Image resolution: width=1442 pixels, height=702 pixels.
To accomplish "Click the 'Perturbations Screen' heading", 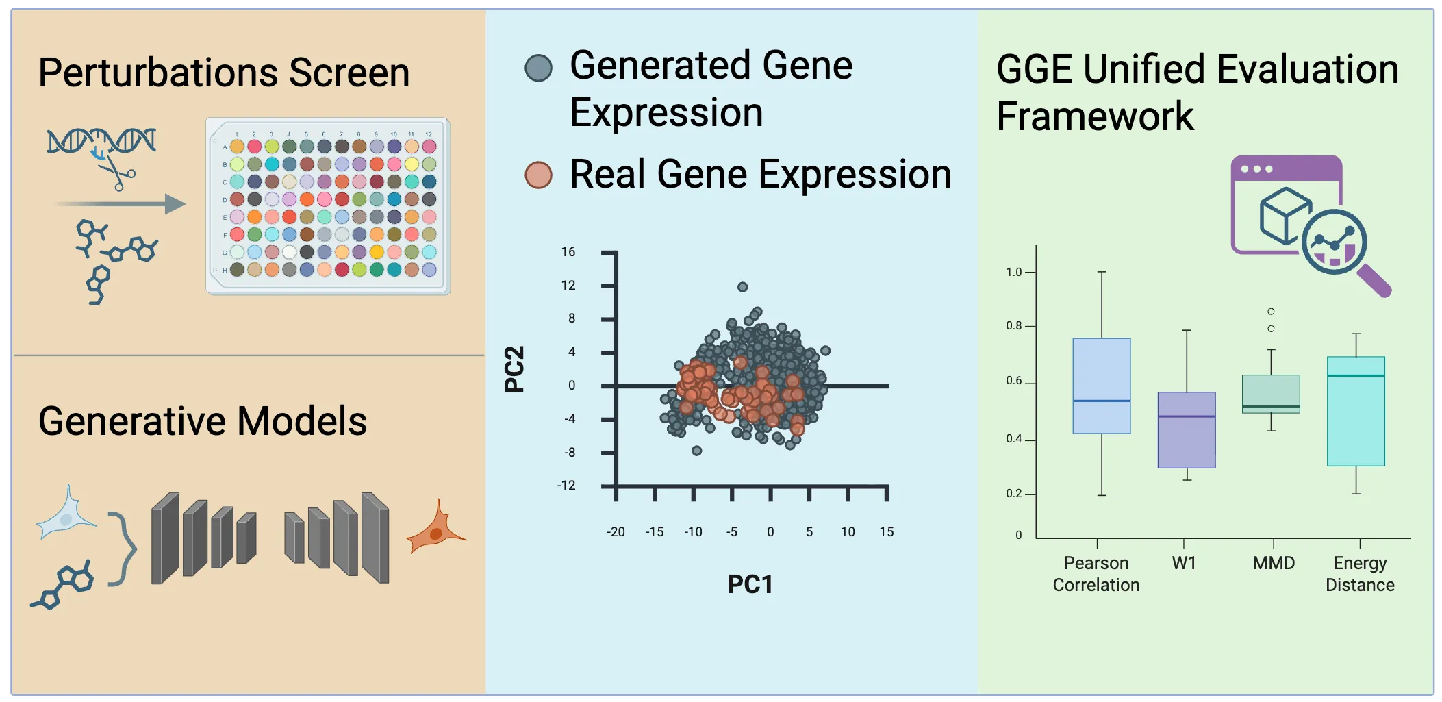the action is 224,73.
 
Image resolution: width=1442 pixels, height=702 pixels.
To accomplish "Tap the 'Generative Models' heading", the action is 203,421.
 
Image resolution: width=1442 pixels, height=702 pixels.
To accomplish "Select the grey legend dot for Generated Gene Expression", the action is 538,68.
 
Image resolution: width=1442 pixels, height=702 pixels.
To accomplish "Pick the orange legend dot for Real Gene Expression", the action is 538,175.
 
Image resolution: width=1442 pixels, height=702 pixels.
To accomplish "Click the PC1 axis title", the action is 750,584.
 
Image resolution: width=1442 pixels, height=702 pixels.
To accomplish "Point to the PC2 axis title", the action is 514,368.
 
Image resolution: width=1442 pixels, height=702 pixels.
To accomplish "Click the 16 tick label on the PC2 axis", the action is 568,252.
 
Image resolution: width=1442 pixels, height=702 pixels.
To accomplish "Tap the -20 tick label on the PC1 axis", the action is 616,531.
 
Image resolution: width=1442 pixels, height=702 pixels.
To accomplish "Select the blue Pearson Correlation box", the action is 1102,386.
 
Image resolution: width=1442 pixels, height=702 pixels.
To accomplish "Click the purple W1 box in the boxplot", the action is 1187,430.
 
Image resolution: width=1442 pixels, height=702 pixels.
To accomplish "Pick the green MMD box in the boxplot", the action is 1271,394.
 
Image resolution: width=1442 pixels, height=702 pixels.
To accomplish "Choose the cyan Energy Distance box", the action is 1356,411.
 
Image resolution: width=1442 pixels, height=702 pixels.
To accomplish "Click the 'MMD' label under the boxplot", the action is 1274,563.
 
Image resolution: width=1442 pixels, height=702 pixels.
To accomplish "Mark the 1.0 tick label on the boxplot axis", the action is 1013,272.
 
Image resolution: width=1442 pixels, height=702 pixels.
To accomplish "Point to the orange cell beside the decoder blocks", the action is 435,529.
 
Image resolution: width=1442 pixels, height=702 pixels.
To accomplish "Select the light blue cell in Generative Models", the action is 66,515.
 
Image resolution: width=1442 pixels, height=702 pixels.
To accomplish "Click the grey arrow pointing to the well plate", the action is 121,204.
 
